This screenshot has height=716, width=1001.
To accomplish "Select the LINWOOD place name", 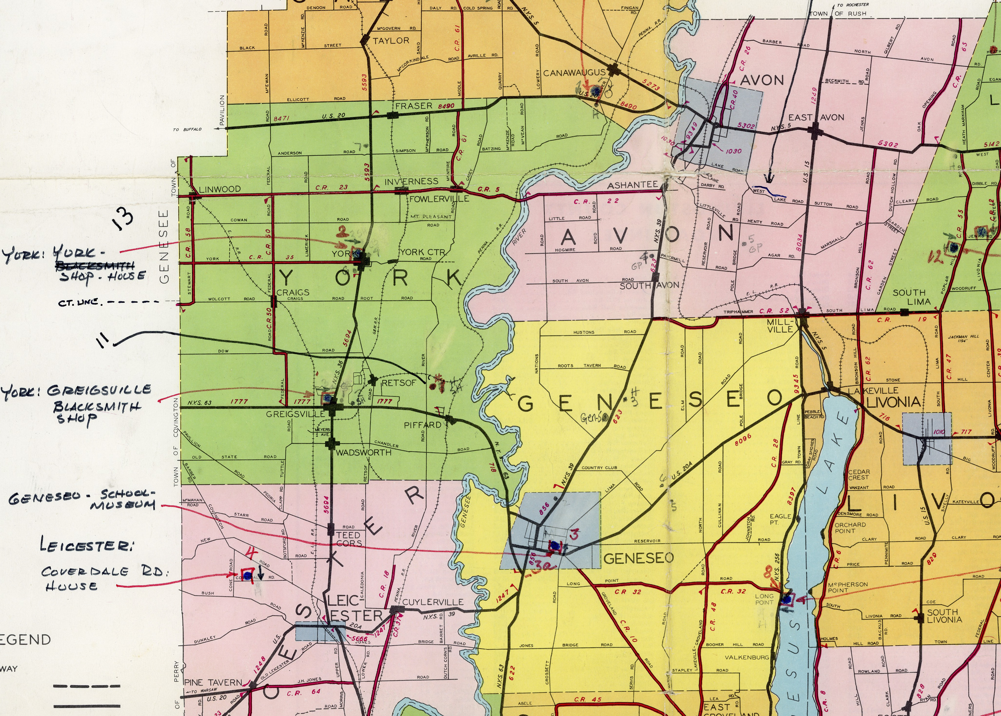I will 219,189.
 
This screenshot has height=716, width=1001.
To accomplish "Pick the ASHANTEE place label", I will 632,185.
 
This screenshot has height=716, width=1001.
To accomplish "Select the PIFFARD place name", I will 422,425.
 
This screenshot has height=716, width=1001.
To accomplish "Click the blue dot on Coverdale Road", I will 247,576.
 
